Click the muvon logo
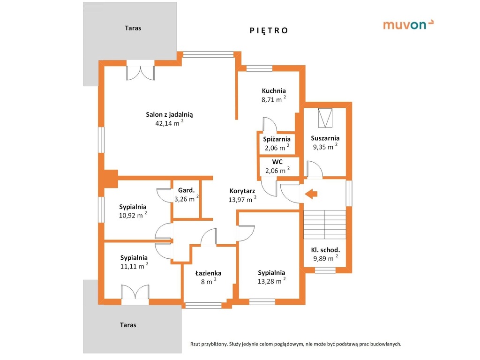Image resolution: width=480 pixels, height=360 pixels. point(408,24)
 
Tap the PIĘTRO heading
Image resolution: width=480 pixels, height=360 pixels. point(269,30)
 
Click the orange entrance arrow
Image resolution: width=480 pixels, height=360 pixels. point(311,194)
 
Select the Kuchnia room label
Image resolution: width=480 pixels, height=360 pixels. point(274,90)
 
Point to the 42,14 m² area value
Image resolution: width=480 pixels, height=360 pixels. point(169,123)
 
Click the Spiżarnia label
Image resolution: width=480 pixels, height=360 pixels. point(277,139)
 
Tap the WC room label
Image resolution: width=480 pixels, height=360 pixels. point(277,162)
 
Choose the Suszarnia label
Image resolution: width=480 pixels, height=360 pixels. point(325,138)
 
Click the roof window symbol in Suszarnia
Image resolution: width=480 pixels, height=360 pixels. point(325,118)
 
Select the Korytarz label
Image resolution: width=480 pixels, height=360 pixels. point(242,191)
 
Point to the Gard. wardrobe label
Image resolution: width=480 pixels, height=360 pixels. point(186,190)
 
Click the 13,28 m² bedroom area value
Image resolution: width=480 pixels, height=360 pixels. point(271,281)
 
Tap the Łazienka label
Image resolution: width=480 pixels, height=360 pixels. point(209,273)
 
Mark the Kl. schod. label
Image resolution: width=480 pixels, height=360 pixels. point(325,250)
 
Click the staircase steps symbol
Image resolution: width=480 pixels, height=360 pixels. point(325,225)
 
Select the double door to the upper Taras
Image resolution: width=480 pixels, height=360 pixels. point(141,71)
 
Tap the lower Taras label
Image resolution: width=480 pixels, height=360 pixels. point(128,325)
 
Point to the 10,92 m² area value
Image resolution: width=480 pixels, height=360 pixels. point(133,215)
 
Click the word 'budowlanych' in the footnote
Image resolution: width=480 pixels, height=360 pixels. point(385,344)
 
